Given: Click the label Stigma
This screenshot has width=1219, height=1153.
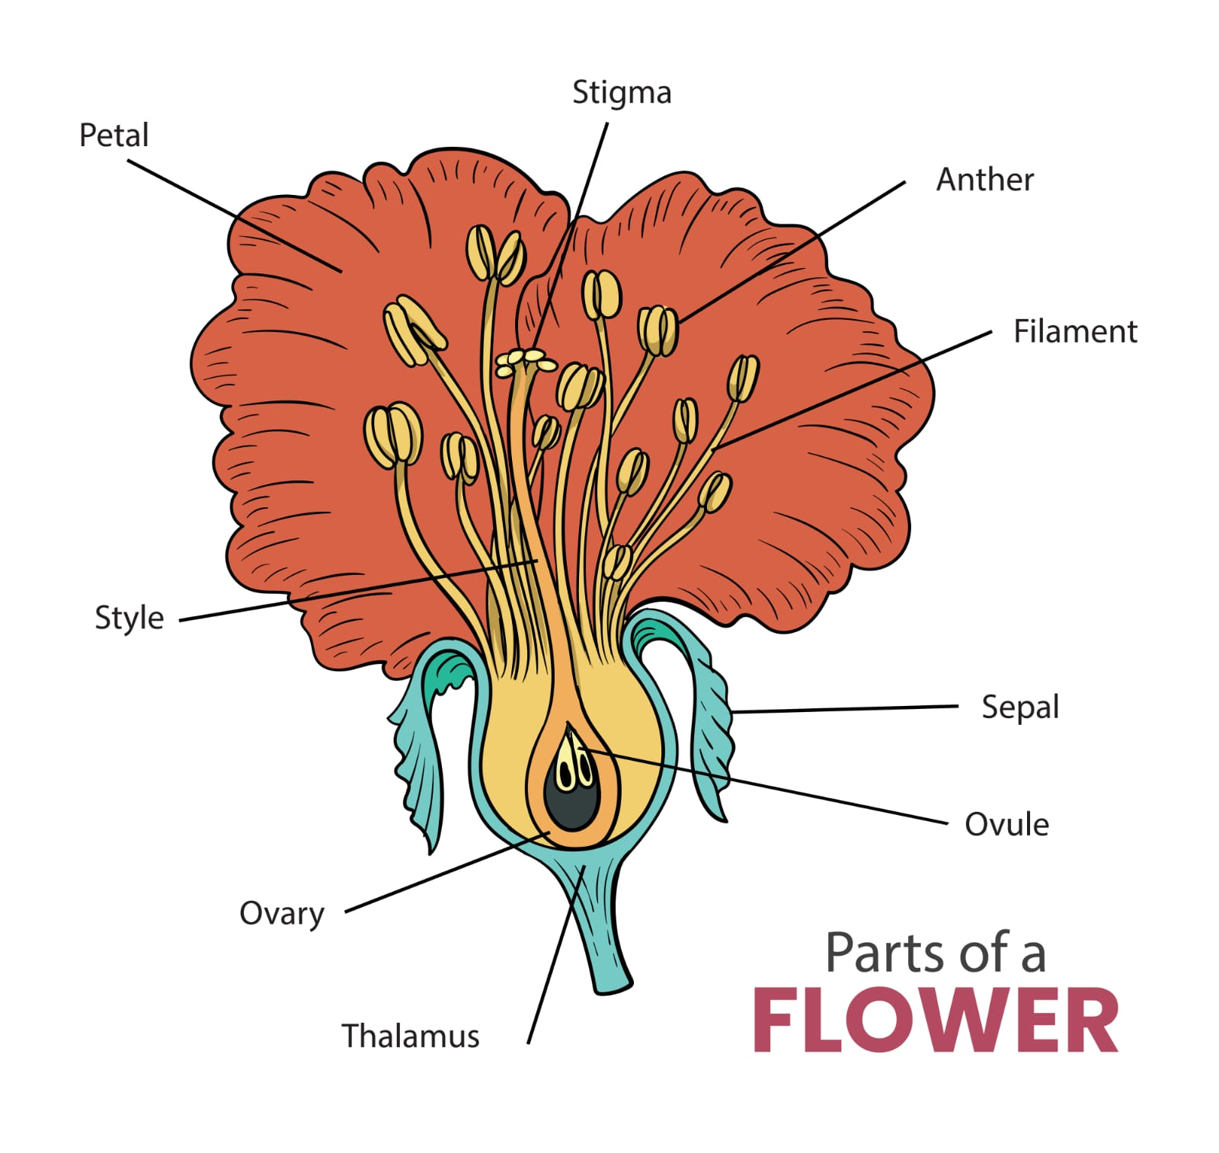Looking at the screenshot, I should [621, 93].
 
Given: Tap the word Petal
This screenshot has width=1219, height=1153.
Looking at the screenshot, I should [114, 136].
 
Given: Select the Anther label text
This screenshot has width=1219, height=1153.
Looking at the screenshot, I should [984, 180].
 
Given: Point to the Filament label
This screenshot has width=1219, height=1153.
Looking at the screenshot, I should [1074, 332].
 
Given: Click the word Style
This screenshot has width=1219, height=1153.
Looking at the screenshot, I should [129, 618].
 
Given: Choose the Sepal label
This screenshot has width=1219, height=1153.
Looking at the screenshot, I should [1019, 707].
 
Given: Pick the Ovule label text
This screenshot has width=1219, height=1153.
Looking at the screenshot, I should [1006, 825].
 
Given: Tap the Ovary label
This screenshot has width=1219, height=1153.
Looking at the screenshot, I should [282, 913].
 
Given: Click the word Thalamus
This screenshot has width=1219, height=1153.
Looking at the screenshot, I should [410, 1036].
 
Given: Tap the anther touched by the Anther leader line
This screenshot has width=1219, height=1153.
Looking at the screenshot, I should [657, 330].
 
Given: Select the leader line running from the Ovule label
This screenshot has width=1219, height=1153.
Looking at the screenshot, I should [800, 792].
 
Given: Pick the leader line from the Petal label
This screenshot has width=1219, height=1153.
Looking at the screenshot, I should [229, 213].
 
